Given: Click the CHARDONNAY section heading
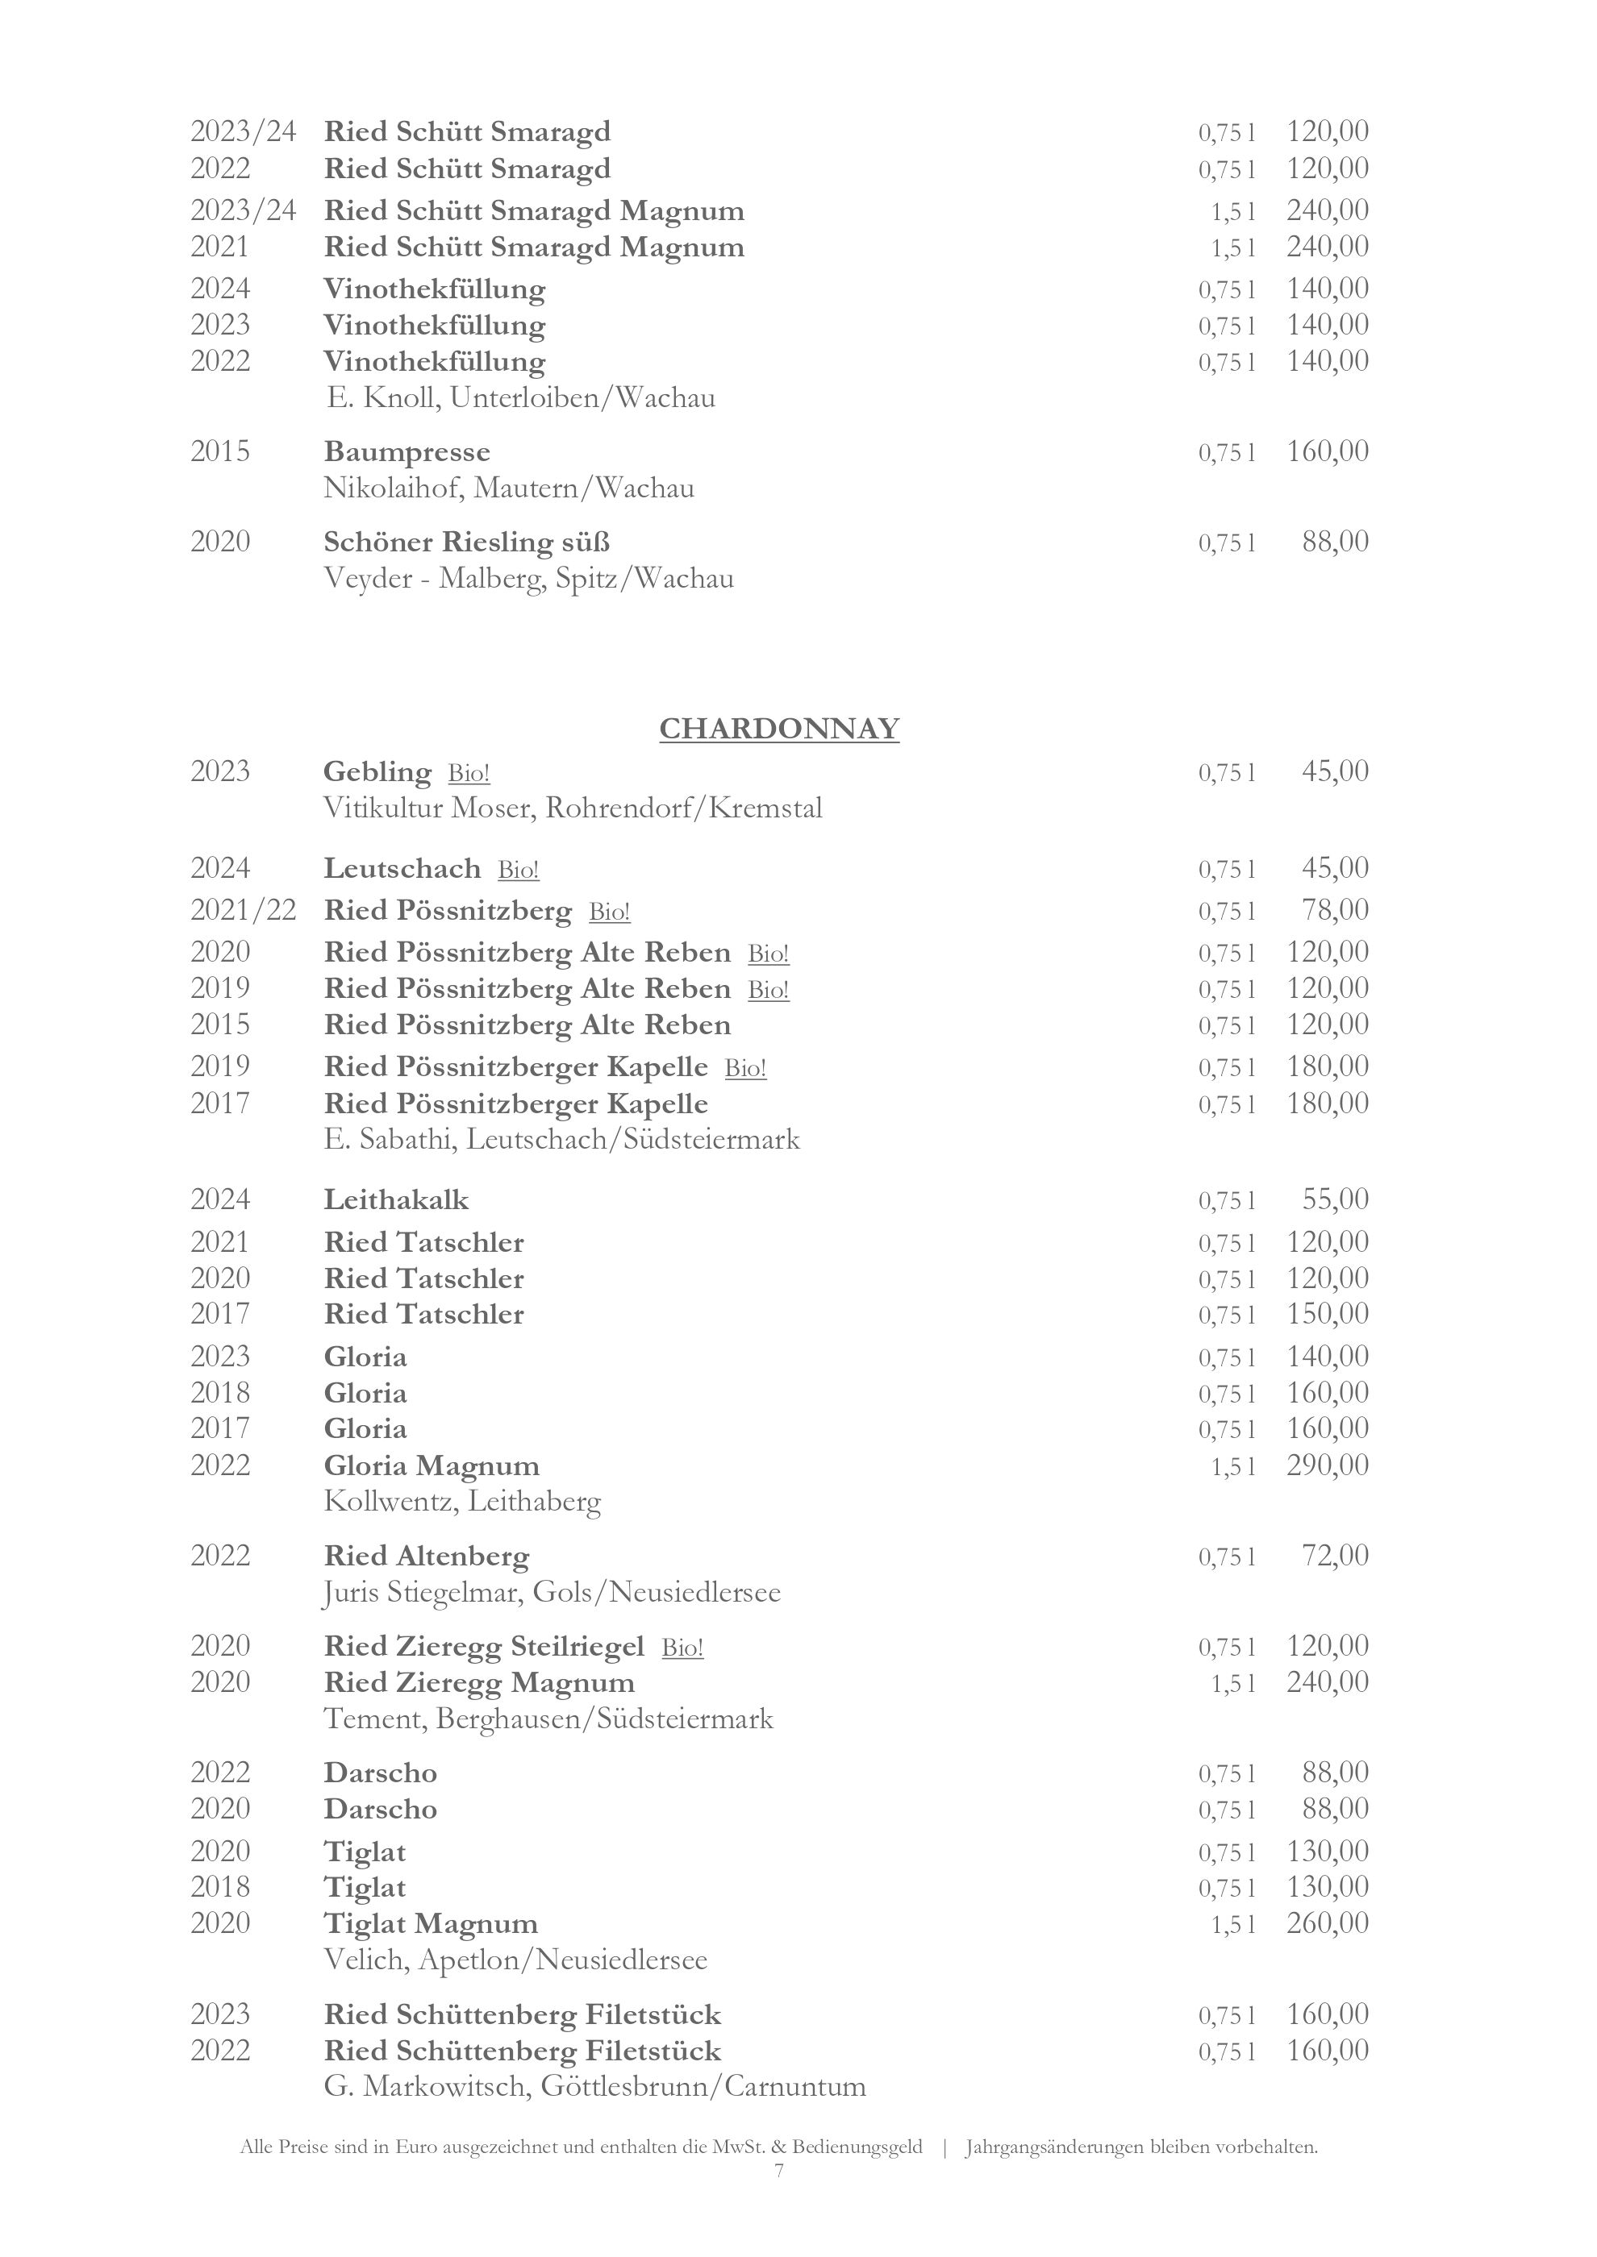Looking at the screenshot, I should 779,729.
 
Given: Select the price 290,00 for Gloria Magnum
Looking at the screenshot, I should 1327,1465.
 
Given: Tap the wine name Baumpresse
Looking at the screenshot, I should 407,452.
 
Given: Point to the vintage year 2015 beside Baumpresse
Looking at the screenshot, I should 220,452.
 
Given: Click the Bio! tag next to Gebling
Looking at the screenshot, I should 469,774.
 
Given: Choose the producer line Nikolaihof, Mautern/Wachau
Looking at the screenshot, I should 508,488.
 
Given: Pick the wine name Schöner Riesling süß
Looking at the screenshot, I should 467,542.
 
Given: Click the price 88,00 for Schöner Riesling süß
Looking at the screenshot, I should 1334,542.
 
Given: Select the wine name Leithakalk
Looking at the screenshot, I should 396,1200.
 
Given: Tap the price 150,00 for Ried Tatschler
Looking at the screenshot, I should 1327,1313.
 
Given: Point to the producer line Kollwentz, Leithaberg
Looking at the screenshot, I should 462,1502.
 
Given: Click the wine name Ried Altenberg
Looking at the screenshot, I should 427,1556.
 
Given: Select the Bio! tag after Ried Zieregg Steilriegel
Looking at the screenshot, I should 682,1648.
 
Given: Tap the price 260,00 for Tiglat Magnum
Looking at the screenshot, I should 1327,1922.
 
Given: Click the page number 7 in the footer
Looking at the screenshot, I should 779,2171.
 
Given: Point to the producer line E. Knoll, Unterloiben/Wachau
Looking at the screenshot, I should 520,398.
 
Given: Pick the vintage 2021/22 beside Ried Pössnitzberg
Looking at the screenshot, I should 243,910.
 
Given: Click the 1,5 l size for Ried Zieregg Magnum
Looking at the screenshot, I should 1233,1684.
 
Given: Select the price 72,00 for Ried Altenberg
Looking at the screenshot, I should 1334,1555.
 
